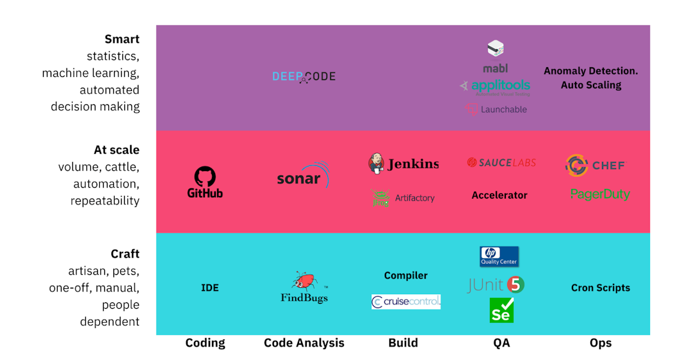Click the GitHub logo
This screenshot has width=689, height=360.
tap(205, 182)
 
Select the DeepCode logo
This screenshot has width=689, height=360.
tap(304, 76)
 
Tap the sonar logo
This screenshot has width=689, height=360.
tap(303, 177)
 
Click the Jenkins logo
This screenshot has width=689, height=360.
tap(403, 164)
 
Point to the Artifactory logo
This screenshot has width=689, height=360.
tap(403, 198)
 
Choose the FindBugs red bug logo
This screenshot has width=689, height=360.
tap(304, 288)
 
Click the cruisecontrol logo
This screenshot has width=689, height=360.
tap(406, 302)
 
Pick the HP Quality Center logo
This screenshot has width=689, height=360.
tap(499, 256)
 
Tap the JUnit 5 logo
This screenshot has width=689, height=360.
tap(496, 284)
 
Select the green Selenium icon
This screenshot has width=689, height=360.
tap(501, 310)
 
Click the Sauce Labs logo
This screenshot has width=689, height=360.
tap(501, 163)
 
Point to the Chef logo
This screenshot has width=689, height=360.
tap(595, 165)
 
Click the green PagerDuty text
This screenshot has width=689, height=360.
tap(600, 194)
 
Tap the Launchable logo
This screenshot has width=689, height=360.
tap(496, 110)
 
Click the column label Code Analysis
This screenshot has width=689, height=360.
tap(304, 343)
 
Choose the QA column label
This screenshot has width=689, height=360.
tap(501, 343)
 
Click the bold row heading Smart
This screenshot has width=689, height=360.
tap(122, 40)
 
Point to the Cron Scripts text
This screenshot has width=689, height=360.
tap(600, 288)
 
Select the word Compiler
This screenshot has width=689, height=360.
tap(405, 275)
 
